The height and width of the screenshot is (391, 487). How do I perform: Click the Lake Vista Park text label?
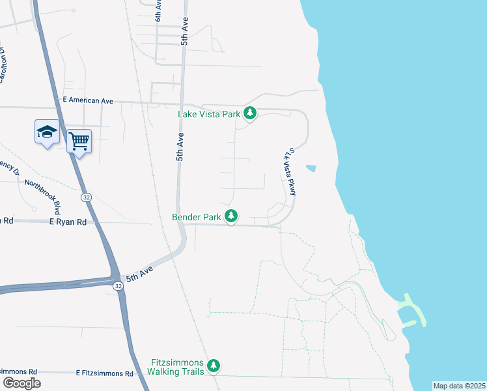point(210,114)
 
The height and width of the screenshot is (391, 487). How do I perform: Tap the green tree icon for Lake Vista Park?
point(250,113)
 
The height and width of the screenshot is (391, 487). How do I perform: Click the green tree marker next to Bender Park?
point(231,216)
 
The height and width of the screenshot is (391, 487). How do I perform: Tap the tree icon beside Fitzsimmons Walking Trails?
point(214,367)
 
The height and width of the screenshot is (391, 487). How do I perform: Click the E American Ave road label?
point(87,101)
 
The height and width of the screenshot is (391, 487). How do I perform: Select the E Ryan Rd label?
point(68,222)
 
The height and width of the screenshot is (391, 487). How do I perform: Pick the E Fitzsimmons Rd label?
point(104,373)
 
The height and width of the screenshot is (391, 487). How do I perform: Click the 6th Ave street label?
point(158,11)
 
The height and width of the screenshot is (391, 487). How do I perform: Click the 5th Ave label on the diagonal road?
point(139,273)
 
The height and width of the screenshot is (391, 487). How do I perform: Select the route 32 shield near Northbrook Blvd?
point(86,196)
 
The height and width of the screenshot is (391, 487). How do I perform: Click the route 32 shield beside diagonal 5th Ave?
point(118,286)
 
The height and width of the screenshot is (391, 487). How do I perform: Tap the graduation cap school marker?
point(47,132)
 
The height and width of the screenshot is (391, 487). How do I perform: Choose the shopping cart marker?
point(79,141)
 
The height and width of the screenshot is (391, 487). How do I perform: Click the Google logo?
point(21,383)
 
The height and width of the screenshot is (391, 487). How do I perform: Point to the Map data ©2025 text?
point(460,386)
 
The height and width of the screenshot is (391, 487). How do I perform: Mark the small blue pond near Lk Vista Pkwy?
point(311,168)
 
